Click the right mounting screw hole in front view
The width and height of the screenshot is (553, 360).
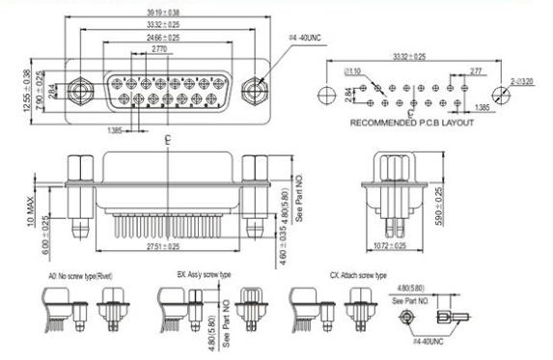tap(256, 93)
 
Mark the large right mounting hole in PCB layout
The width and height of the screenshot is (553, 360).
tap(497, 94)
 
